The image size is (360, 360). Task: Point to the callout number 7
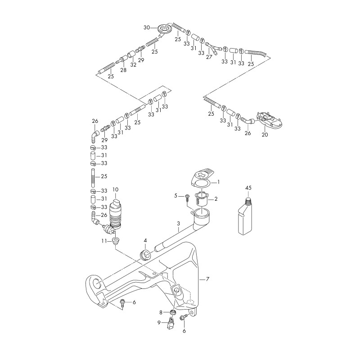tap(207, 279)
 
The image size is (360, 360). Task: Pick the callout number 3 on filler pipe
tap(178, 224)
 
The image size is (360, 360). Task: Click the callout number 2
tap(216, 198)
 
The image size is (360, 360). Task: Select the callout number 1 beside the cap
tap(218, 182)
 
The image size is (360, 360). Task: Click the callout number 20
tap(265, 135)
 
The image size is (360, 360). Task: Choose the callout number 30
tap(147, 27)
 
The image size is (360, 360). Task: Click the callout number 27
tap(209, 57)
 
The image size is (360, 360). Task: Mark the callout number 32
tap(133, 65)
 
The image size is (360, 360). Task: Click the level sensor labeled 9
tap(171, 323)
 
